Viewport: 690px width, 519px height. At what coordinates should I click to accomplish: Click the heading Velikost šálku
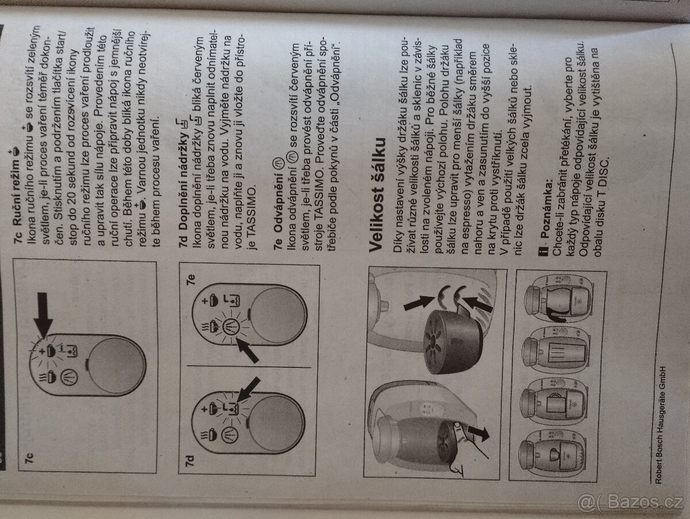(377, 194)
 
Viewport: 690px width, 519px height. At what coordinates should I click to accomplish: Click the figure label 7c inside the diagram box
(29, 458)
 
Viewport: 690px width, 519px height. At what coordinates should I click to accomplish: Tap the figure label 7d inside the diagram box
(189, 460)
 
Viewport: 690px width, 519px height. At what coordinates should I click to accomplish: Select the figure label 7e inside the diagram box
(191, 279)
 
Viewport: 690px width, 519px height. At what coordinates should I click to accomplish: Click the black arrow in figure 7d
(248, 390)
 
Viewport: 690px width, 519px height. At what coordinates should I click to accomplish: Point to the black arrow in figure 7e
(247, 349)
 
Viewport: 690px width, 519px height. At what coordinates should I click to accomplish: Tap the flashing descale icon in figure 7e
(231, 326)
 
